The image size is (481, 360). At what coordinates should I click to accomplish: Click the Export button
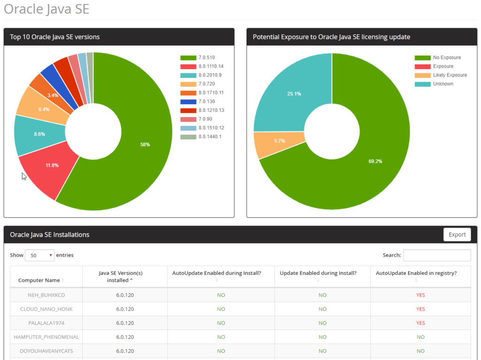point(457,235)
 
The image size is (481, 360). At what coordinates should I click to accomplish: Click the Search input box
point(437,255)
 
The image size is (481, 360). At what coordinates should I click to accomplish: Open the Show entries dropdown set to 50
point(39,255)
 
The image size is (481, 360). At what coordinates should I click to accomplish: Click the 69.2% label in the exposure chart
point(375,161)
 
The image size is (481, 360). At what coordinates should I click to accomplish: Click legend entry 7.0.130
point(207,102)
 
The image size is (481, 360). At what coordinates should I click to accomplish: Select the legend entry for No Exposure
point(447,58)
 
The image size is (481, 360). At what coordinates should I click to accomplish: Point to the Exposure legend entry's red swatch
point(422,67)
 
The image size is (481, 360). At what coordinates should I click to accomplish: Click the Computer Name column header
point(39,280)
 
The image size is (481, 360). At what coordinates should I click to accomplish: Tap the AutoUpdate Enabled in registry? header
point(416,273)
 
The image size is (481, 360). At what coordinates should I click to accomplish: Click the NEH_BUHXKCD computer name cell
point(46,295)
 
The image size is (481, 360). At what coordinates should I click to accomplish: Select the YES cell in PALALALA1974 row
point(420,323)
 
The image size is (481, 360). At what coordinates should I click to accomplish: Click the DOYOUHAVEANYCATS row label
point(46,351)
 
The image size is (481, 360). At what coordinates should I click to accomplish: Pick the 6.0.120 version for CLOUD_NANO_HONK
point(125,309)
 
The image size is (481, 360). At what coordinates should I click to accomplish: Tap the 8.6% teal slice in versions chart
point(39,134)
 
